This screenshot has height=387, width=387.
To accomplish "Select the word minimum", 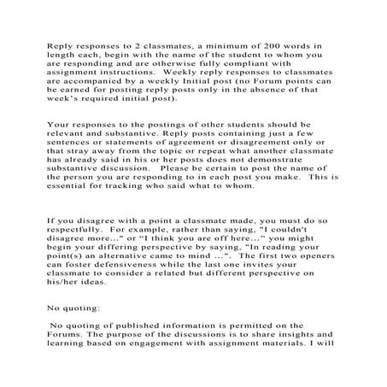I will [x=235, y=42].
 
